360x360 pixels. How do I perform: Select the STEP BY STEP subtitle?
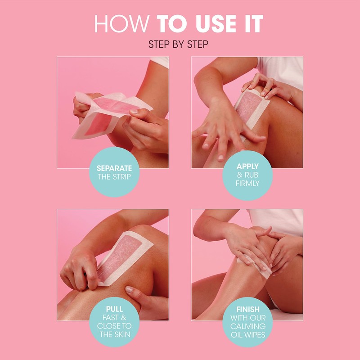tap(180, 45)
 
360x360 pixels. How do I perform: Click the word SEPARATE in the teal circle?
tap(114, 168)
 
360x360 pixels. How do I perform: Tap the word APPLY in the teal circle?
tap(247, 166)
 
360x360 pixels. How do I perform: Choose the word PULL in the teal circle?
tap(114, 310)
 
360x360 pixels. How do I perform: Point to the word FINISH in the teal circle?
tap(247, 310)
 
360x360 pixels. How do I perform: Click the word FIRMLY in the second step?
tap(247, 183)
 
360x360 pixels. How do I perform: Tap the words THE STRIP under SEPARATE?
tap(114, 176)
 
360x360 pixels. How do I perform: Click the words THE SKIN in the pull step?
tap(114, 334)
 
